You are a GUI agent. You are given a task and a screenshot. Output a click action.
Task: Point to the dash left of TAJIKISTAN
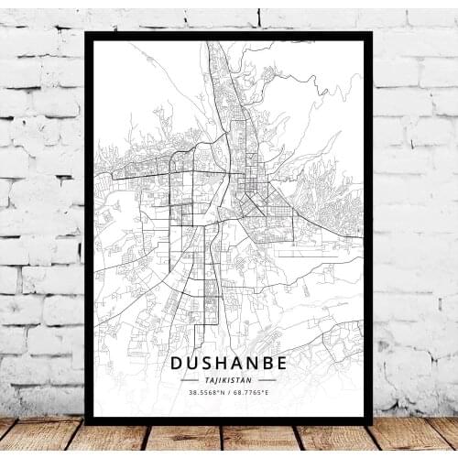[190, 379]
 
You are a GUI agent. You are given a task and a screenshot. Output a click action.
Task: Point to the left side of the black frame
[89, 229]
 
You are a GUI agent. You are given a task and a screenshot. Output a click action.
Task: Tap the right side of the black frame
[368, 229]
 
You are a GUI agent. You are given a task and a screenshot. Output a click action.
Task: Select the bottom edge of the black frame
[229, 420]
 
